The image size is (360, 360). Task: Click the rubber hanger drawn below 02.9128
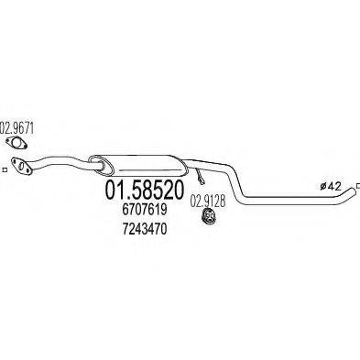pyautogui.click(x=209, y=218)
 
